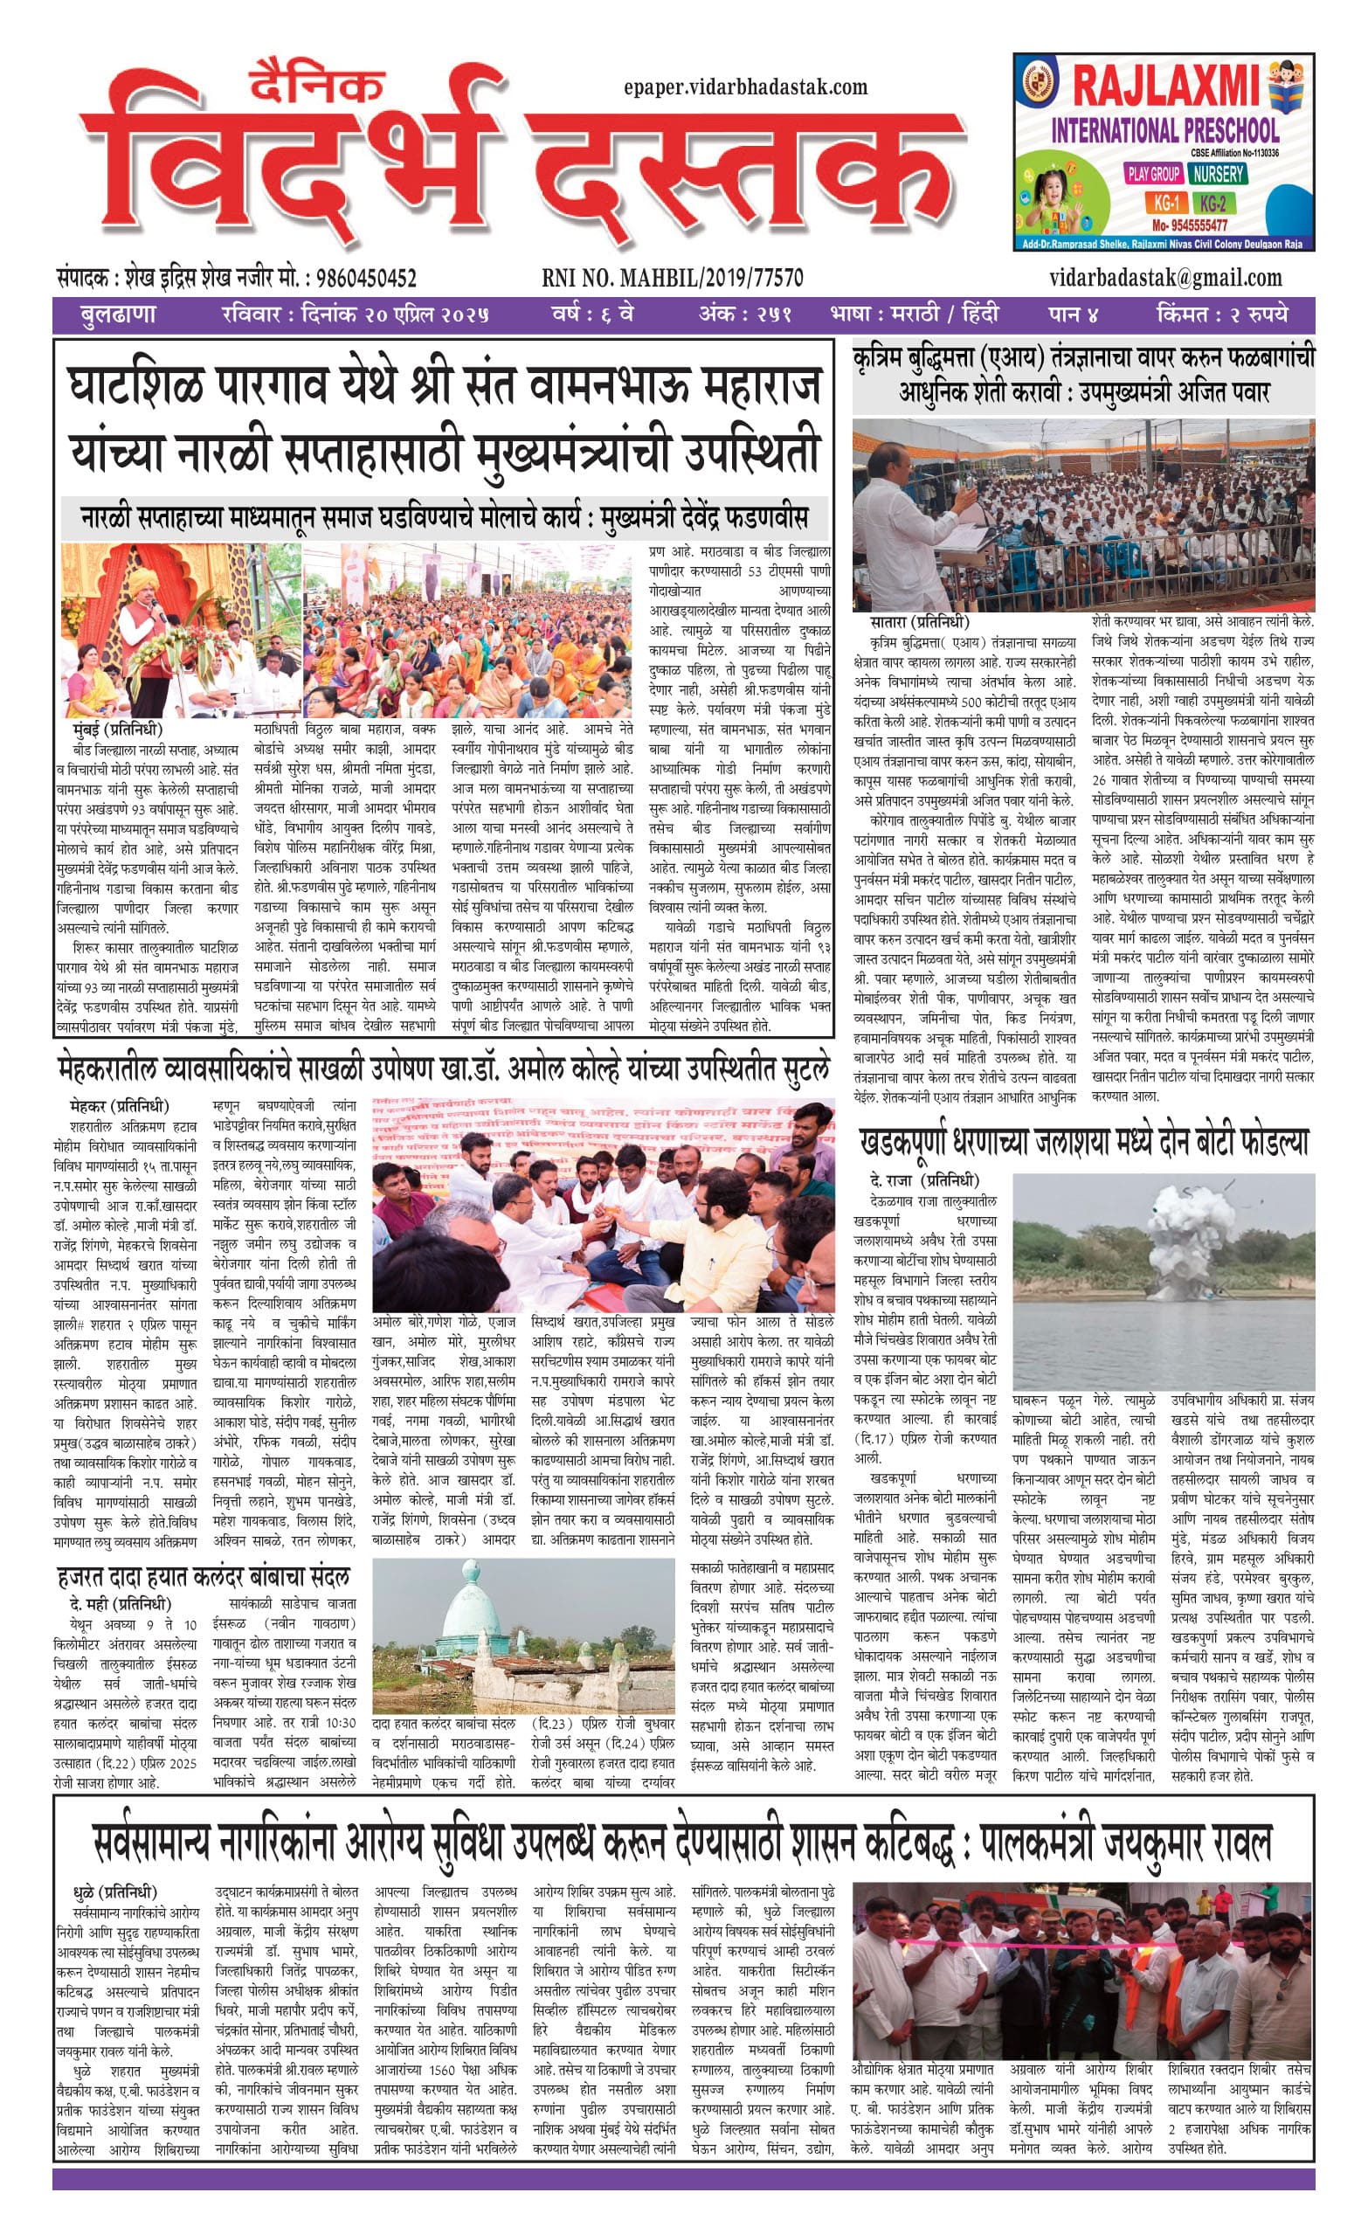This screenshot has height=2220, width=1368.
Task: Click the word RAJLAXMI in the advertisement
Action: tap(1164, 87)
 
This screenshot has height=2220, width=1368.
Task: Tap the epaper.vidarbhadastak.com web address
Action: tap(745, 86)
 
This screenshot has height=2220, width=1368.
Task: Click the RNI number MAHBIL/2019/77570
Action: tap(673, 278)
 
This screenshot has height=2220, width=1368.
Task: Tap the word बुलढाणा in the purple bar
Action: tap(117, 314)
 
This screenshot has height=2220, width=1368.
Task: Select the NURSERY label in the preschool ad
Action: tap(1217, 173)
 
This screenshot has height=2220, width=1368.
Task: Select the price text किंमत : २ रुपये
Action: tap(1222, 314)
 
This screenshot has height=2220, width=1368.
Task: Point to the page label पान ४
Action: tap(1073, 314)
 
